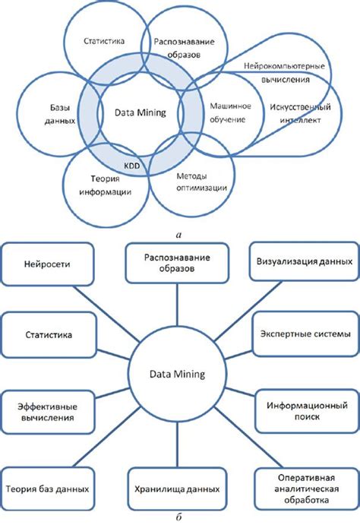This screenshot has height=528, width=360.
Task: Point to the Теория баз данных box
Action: point(47,490)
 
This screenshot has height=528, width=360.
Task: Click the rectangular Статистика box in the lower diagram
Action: point(47,334)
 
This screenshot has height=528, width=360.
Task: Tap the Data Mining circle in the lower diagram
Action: point(177,374)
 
